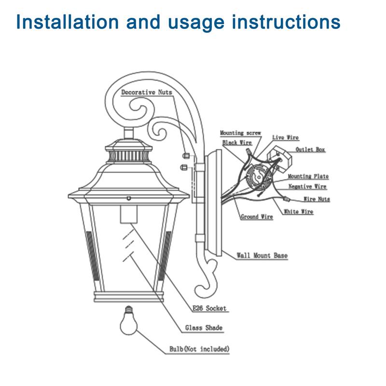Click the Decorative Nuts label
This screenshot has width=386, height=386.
146,92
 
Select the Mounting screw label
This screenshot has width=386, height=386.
240,133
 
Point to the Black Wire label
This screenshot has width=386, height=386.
237,143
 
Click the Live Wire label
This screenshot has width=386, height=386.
285,138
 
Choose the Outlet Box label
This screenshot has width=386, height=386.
310,150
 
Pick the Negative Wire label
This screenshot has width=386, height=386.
307,186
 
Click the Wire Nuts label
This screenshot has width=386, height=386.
317,199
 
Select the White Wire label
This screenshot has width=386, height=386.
298,211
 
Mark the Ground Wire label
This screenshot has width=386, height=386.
257,217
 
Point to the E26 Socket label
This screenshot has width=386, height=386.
209,308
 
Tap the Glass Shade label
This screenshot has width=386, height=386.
204,328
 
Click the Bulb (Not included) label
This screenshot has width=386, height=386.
199,348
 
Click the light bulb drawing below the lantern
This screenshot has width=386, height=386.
129,321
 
